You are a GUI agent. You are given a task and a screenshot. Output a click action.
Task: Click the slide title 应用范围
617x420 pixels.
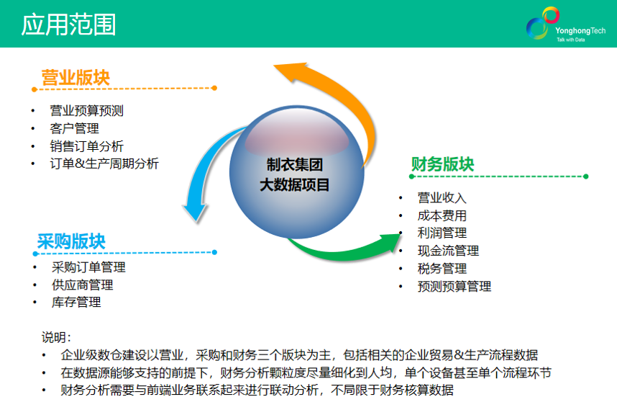68,24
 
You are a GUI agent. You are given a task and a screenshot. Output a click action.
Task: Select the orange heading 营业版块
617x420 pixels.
76,78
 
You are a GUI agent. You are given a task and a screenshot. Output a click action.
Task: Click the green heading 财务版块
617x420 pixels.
442,164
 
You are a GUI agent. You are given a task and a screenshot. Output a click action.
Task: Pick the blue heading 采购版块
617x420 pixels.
71,241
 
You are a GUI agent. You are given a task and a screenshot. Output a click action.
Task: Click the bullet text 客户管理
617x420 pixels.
74,128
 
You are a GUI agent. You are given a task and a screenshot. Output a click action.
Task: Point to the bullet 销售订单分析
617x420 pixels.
86,146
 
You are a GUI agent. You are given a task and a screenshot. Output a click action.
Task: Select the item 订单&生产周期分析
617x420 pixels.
104,164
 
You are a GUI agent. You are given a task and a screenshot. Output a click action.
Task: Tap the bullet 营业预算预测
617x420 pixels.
86,111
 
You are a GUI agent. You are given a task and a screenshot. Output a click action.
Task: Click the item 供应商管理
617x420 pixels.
82,285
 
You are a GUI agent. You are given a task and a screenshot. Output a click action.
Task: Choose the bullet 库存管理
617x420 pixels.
76,302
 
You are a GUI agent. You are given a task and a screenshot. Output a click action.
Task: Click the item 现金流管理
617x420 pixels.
448,251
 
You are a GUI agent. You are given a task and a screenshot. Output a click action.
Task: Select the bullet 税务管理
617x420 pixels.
442,269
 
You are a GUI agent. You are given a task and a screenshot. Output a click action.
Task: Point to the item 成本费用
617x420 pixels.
442,215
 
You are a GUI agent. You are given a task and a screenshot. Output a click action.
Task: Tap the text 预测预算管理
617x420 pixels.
454,286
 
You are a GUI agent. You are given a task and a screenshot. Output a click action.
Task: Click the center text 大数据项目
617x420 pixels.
295,185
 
